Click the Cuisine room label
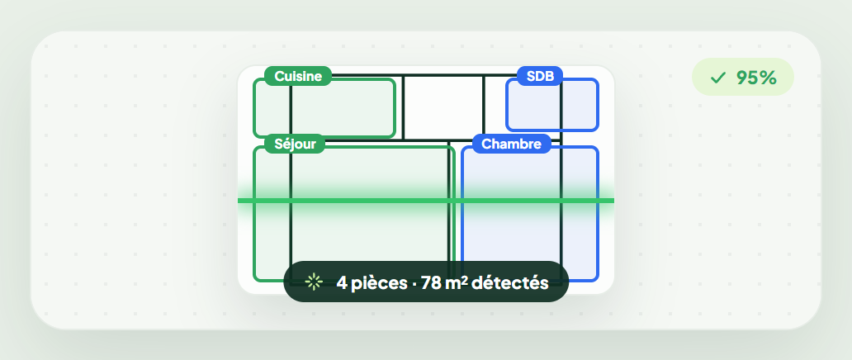(297, 76)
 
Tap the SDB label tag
(540, 76)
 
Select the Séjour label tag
(295, 144)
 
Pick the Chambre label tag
(511, 144)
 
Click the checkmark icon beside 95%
(717, 78)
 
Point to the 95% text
(756, 78)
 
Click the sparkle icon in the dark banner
(314, 282)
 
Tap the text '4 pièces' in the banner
(372, 282)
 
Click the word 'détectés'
(510, 282)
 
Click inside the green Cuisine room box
(324, 109)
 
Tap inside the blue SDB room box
(552, 105)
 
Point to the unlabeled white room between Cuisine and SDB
(443, 107)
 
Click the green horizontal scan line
(426, 201)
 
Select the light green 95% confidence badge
(743, 77)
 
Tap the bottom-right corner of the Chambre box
(599, 282)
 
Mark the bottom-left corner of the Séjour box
(253, 282)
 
